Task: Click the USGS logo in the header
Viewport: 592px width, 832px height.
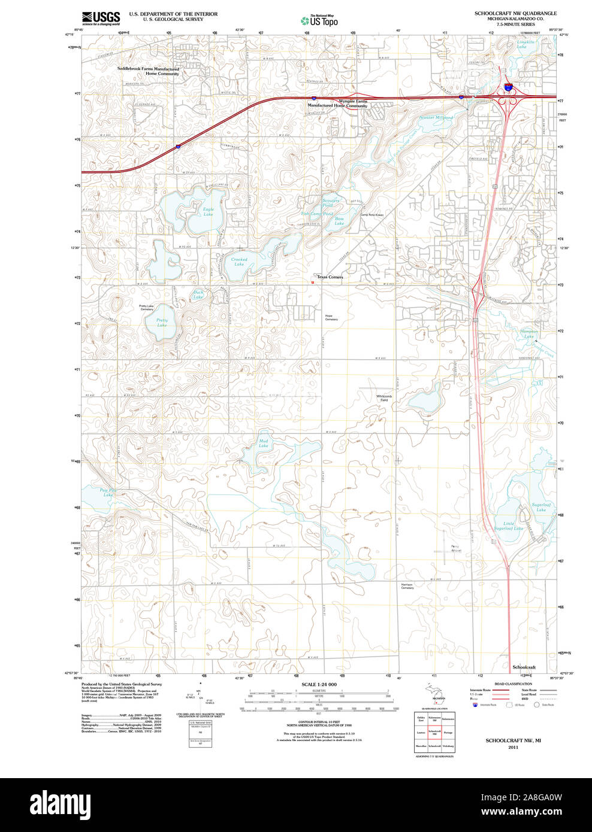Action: pos(101,18)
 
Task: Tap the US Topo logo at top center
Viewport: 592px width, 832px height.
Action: pos(320,20)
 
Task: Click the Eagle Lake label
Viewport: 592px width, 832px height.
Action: pos(208,212)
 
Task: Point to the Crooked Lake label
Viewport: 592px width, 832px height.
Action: pos(239,262)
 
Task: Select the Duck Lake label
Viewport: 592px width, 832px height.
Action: pos(198,294)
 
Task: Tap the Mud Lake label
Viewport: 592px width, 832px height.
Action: pos(264,444)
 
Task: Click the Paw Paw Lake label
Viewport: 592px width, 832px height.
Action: pos(108,493)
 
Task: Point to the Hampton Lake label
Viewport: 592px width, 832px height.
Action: pos(529,334)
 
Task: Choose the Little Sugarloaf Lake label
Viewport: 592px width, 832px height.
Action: pos(509,526)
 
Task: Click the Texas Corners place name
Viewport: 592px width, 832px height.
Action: pos(330,277)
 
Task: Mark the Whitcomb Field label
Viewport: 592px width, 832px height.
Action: pos(384,398)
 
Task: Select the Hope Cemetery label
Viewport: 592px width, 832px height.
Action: pos(331,318)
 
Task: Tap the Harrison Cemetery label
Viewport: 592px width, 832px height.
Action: pos(407,587)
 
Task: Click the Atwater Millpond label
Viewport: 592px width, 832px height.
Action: pos(436,118)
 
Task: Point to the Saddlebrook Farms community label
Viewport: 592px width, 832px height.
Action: pos(148,71)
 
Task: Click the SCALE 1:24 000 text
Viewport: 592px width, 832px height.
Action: pos(319,684)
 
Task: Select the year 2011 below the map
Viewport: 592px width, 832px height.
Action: pos(512,747)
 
